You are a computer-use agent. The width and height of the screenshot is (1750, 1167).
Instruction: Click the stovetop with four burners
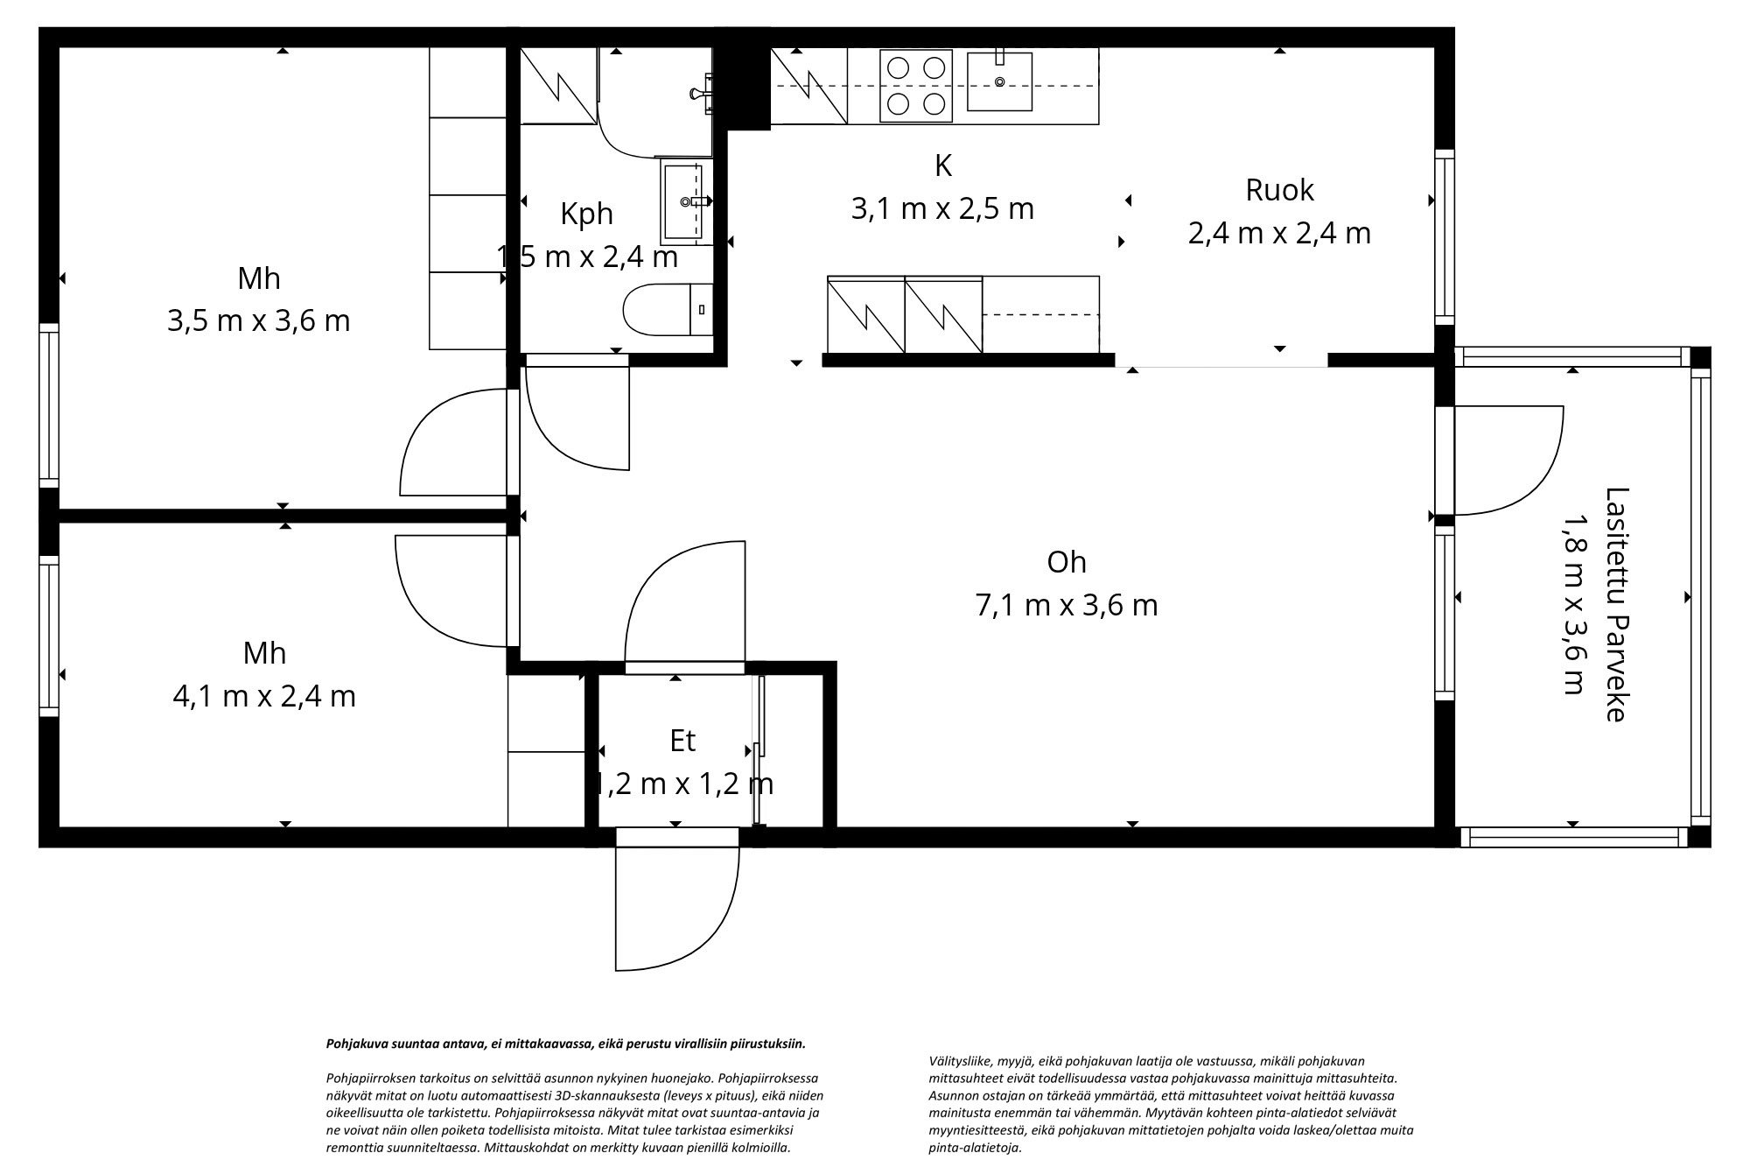915,85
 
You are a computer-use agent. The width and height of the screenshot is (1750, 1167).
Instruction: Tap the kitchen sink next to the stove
999,81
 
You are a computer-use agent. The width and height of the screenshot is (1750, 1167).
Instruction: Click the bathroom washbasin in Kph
682,202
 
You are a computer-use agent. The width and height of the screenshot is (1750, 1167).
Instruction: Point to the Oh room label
1067,562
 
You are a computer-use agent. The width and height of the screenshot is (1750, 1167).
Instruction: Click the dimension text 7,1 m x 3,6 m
1067,605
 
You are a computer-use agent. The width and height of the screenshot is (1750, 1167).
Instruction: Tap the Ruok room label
1279,190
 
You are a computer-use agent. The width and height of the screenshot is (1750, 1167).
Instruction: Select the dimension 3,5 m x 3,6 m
259,320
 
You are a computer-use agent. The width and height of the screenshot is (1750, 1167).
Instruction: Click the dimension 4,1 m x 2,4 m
264,697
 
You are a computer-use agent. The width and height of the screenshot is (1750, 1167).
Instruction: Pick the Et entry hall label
682,741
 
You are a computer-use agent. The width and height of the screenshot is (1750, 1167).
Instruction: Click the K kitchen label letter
942,165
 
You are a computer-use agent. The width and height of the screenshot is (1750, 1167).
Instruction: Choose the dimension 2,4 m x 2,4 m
1279,234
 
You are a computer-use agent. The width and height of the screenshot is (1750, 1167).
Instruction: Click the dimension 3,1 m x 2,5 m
942,208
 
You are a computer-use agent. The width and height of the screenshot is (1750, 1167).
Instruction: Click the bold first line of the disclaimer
565,1044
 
